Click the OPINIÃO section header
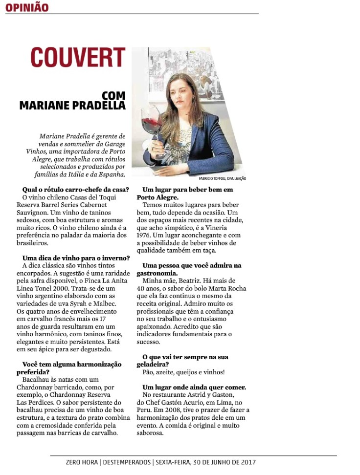coord(27,8)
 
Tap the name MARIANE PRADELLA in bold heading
coord(72,105)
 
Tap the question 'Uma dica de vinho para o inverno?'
coord(76,258)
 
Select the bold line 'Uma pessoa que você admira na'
coord(192,265)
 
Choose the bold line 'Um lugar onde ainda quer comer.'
coord(194,388)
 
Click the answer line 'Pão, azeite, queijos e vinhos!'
coord(183,372)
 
